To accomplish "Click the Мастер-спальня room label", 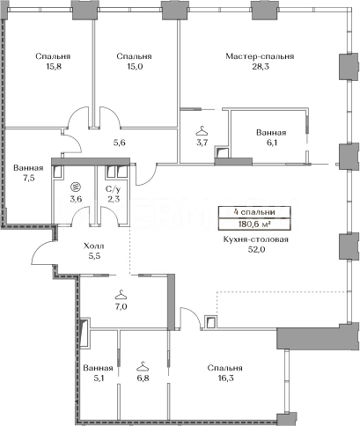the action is pyautogui.click(x=260, y=56).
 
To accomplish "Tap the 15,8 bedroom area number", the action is pyautogui.click(x=53, y=67).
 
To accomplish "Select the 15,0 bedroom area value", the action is pyautogui.click(x=134, y=67).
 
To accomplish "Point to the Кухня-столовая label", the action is pyautogui.click(x=256, y=239).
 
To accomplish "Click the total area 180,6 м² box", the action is pyautogui.click(x=254, y=224).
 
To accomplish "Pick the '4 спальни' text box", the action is pyautogui.click(x=254, y=212).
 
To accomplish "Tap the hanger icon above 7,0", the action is pyautogui.click(x=121, y=293).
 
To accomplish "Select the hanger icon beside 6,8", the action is pyautogui.click(x=143, y=365).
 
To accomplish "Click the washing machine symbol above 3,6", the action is pyautogui.click(x=76, y=187).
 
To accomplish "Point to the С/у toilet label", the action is pyautogui.click(x=113, y=188).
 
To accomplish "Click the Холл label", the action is pyautogui.click(x=94, y=246).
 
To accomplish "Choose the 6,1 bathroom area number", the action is pyautogui.click(x=271, y=143).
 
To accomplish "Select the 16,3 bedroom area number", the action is pyautogui.click(x=224, y=378).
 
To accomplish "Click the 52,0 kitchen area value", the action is pyautogui.click(x=256, y=250).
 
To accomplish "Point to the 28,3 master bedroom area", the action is pyautogui.click(x=260, y=67).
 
